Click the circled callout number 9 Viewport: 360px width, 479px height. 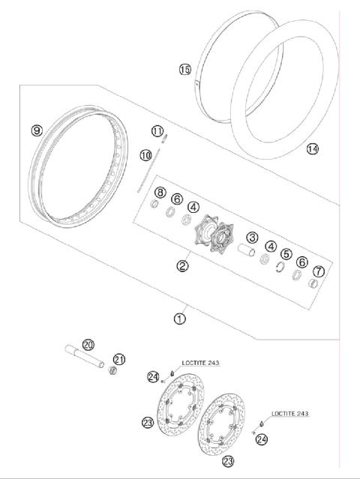36,130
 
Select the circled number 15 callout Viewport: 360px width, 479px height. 184,70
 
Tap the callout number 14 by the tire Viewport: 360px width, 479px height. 312,149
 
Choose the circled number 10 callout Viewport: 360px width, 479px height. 145,155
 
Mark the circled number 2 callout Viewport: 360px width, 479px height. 182,265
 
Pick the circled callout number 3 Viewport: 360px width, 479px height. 253,238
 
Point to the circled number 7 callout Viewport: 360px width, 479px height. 318,271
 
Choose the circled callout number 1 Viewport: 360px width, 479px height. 179,319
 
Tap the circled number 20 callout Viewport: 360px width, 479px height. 88,344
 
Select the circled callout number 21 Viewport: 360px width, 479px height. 118,359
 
